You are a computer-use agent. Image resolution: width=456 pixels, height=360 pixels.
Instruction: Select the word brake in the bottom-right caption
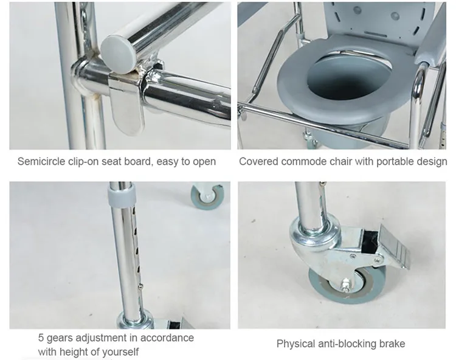click(x=392, y=344)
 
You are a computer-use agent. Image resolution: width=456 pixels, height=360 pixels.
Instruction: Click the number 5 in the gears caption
click(x=41, y=338)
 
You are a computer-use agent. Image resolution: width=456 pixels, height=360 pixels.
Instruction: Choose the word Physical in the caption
click(x=296, y=344)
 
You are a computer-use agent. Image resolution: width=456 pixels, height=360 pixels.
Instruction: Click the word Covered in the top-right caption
click(x=258, y=161)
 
